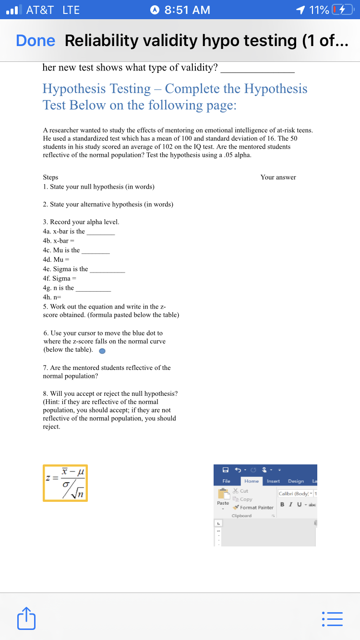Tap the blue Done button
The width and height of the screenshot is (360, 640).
(36, 41)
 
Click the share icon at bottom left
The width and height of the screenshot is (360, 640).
(26, 619)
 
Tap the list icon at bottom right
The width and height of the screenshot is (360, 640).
(334, 619)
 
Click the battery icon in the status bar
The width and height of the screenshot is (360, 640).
(342, 10)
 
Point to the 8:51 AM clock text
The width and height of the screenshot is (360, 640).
(187, 10)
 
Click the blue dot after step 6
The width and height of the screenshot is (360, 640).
(102, 350)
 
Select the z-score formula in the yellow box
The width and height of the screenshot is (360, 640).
(65, 483)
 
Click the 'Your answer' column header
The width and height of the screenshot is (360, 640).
(278, 177)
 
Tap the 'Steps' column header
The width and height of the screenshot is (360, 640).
(50, 177)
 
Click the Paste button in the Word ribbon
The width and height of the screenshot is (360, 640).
(223, 497)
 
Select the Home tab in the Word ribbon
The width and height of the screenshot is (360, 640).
(252, 481)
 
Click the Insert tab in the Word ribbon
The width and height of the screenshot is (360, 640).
(273, 481)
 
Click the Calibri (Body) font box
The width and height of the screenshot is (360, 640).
(294, 493)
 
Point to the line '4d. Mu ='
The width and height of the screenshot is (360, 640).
(53, 260)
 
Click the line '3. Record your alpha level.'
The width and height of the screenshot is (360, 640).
(81, 222)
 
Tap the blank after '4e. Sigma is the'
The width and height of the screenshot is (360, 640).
(108, 269)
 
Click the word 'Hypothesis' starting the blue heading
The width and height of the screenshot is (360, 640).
(72, 89)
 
